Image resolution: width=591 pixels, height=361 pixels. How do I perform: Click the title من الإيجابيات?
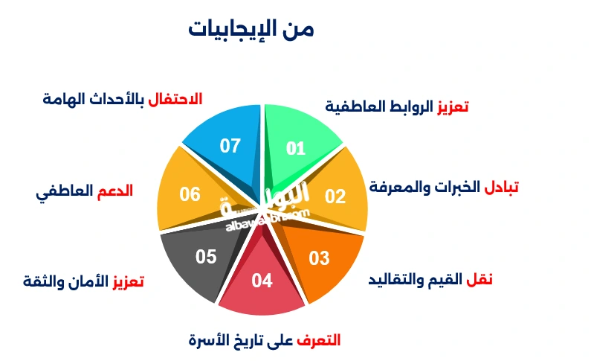[x=251, y=30]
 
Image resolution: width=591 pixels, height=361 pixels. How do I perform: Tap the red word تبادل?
[x=501, y=187]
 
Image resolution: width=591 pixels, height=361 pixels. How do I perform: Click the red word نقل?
[x=479, y=280]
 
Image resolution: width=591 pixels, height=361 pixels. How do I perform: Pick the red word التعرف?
[x=318, y=340]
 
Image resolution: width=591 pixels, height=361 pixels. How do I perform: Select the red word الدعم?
[x=114, y=191]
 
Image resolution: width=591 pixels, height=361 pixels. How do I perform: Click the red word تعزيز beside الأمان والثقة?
[x=127, y=281]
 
